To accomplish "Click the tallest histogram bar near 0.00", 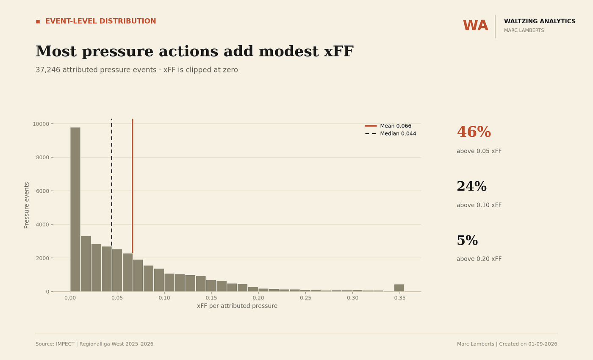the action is (75, 209).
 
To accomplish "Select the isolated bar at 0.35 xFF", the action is (399, 288).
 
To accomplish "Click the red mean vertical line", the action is (132, 186).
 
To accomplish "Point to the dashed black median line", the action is (112, 183).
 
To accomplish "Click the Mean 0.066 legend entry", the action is (388, 126).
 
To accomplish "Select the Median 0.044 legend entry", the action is (391, 134).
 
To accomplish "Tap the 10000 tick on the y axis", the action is (41, 124).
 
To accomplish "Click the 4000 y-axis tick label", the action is (43, 224).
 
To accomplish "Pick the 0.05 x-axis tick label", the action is (117, 298).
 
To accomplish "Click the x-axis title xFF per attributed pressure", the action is (237, 306).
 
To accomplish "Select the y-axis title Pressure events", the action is (26, 205).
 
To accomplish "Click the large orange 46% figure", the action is (474, 132).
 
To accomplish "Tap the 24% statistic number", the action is (472, 186).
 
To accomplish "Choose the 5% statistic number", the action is (467, 241).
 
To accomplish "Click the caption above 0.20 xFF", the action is (479, 259).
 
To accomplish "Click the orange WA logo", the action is (475, 26).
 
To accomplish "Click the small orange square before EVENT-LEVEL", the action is (38, 22).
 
